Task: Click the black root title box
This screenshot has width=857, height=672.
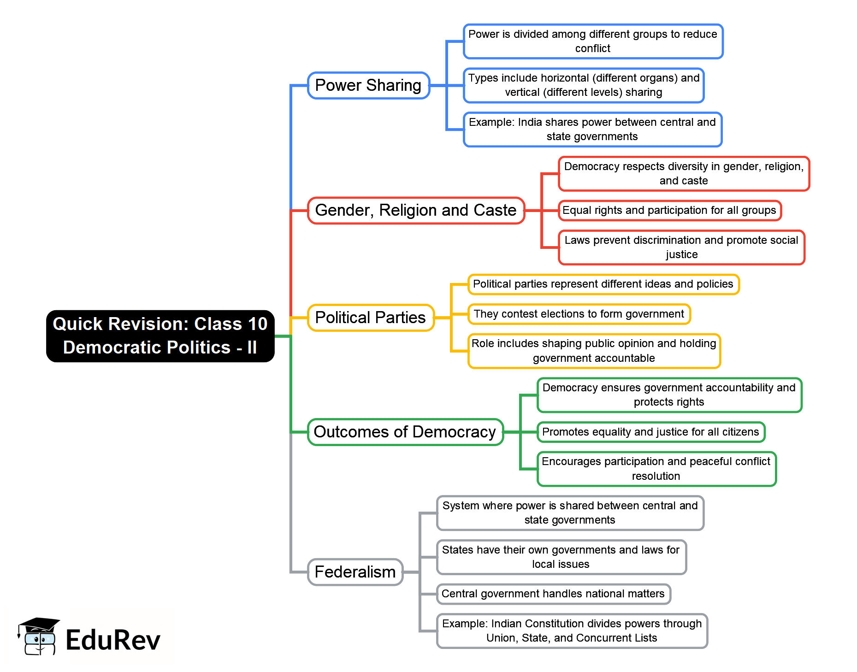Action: pyautogui.click(x=160, y=336)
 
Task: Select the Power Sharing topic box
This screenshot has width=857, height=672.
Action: pyautogui.click(x=368, y=85)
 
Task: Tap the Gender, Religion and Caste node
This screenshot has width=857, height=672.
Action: pyautogui.click(x=416, y=211)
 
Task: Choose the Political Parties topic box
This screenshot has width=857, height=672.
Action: pyautogui.click(x=371, y=318)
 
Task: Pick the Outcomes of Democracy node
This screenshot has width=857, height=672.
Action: pyautogui.click(x=405, y=432)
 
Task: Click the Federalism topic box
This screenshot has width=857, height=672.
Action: pyautogui.click(x=355, y=572)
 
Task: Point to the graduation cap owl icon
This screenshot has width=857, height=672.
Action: pyautogui.click(x=39, y=637)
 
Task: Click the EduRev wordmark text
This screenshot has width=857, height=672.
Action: pyautogui.click(x=113, y=640)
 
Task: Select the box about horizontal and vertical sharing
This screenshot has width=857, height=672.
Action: pyautogui.click(x=584, y=85)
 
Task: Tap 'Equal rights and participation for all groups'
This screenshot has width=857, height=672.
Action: pyautogui.click(x=669, y=211)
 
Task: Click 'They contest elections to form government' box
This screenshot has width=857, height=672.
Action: pyautogui.click(x=579, y=314)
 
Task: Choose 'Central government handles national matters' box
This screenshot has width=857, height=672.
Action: pyautogui.click(x=553, y=594)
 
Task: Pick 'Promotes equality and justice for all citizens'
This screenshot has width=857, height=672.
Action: pyautogui.click(x=650, y=432)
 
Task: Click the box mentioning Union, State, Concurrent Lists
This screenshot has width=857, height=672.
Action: pyautogui.click(x=572, y=631)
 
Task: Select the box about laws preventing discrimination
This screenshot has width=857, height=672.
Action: pyautogui.click(x=681, y=248)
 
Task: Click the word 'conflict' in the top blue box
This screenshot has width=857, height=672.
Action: pyautogui.click(x=593, y=48)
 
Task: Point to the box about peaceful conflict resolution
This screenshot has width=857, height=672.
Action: pyautogui.click(x=656, y=469)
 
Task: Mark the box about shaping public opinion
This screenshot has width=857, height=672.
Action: pyautogui.click(x=594, y=351)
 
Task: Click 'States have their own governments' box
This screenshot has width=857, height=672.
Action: pyautogui.click(x=561, y=557)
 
